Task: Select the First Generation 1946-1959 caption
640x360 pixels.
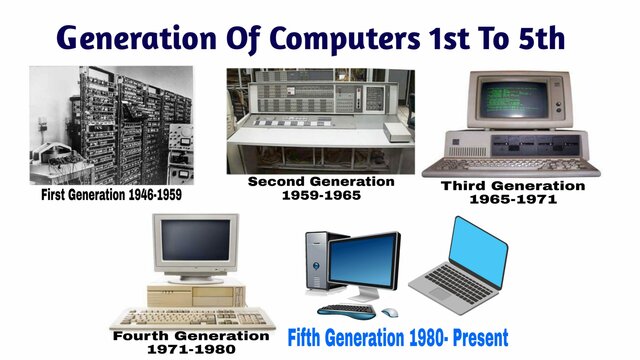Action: click(111, 195)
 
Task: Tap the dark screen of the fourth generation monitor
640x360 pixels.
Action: click(195, 243)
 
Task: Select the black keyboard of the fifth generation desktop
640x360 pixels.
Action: click(350, 310)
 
